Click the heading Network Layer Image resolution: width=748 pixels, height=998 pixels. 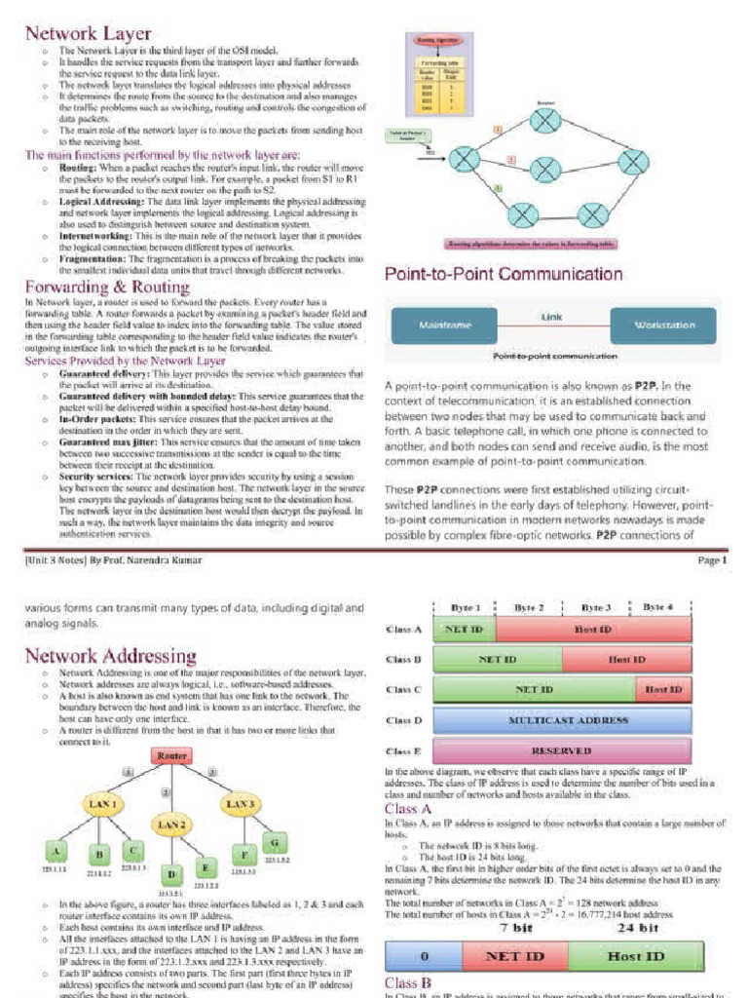click(87, 33)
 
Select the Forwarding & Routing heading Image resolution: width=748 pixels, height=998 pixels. click(106, 287)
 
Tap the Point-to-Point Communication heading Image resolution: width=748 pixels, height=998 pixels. click(504, 274)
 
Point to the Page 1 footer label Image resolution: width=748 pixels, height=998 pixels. click(709, 560)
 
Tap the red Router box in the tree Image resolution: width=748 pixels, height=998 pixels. click(171, 755)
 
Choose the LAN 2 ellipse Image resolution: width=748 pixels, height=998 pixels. click(171, 825)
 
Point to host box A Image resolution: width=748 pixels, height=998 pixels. click(59, 848)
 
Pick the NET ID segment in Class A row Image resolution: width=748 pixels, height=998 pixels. click(465, 630)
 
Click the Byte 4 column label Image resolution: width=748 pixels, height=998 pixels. click(657, 606)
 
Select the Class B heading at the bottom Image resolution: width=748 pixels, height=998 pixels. click(409, 983)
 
